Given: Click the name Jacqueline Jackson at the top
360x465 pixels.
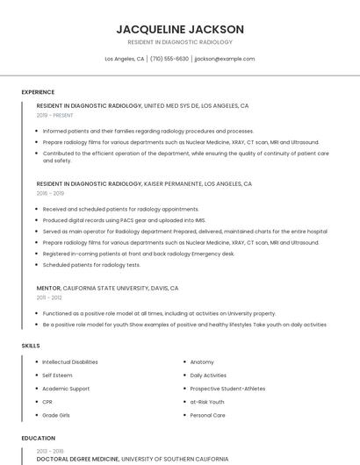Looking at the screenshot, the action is (x=180, y=29).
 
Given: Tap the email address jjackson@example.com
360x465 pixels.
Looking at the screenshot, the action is (x=225, y=59).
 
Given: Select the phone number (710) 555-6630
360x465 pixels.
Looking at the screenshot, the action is (x=169, y=59).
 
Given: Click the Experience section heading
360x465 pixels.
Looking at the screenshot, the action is (x=38, y=92).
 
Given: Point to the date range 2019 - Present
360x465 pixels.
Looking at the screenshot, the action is (x=55, y=115).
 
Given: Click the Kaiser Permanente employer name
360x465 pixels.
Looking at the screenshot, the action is (x=173, y=184).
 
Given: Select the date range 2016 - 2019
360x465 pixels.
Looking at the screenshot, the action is (x=50, y=193).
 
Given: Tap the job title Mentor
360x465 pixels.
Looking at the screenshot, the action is (x=48, y=288).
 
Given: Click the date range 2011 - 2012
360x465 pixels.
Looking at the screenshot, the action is (x=49, y=297).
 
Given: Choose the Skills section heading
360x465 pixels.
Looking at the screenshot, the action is (x=31, y=346).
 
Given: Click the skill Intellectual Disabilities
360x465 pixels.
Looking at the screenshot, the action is (x=70, y=361).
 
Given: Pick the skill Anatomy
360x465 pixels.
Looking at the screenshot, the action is (x=202, y=361).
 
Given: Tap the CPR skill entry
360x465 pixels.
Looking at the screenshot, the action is (x=47, y=402).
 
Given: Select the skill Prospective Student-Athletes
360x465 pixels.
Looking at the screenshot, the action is (x=227, y=389).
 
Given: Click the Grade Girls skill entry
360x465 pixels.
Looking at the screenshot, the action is (x=55, y=415).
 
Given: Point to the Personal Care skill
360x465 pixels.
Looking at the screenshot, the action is (x=208, y=415).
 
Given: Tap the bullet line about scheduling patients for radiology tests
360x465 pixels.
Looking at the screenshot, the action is (x=91, y=264).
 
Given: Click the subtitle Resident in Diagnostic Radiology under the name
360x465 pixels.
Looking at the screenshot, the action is (x=180, y=42).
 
